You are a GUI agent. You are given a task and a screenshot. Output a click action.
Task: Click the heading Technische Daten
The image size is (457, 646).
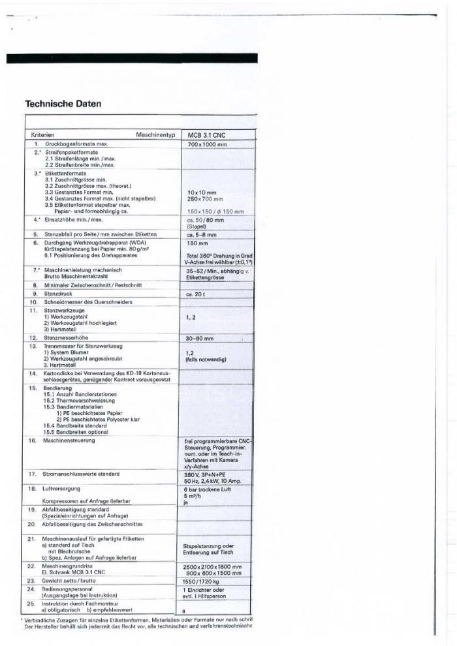click(63, 104)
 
